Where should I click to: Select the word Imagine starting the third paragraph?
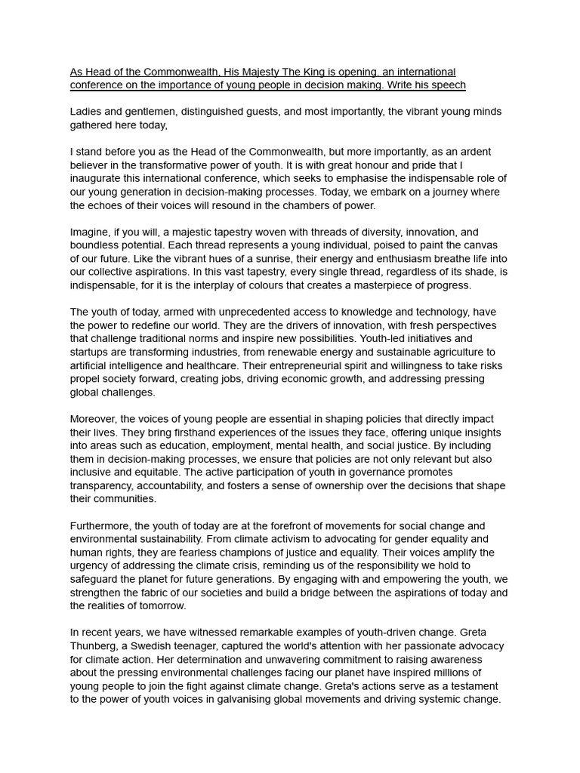(x=90, y=233)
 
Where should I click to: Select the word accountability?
(x=173, y=485)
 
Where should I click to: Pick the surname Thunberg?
(x=94, y=646)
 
